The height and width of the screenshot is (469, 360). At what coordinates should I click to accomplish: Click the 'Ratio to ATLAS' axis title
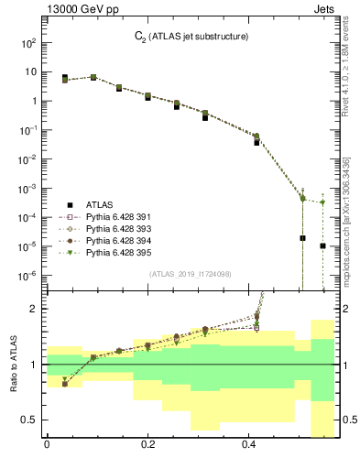click(14, 364)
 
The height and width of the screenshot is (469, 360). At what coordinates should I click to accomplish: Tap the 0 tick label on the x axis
click(46, 446)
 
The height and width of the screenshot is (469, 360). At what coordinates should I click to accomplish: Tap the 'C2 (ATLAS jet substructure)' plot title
click(191, 37)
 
